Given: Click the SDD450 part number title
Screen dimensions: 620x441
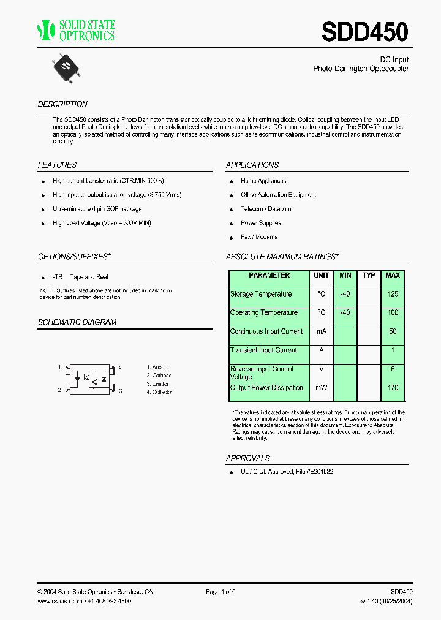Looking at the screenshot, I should (x=364, y=32).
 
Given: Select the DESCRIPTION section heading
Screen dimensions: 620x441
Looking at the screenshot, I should (x=62, y=104).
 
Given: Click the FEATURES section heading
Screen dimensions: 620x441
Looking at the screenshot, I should (x=57, y=165).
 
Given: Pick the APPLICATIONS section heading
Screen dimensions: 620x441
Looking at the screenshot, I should (x=252, y=165).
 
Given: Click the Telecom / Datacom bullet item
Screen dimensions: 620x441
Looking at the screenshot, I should (x=266, y=209).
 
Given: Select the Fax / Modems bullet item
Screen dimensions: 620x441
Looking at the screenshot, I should (x=258, y=237).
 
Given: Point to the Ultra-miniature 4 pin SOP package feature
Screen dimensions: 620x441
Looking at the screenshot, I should (x=97, y=209).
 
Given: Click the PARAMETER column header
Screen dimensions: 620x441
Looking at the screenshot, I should (x=269, y=276).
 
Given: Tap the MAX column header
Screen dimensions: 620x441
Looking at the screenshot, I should (x=393, y=276).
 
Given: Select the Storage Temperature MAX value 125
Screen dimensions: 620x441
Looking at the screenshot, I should (x=393, y=294).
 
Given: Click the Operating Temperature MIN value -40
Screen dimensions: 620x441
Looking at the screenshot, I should (x=345, y=312).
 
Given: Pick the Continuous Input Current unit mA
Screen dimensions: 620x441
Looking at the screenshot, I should (x=322, y=331).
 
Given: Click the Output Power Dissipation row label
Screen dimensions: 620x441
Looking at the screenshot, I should (x=266, y=388).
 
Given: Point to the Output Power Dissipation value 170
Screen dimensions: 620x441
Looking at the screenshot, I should (x=393, y=388).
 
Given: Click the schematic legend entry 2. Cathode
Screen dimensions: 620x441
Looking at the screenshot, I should (x=159, y=376).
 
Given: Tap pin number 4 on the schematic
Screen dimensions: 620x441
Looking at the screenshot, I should (x=120, y=367).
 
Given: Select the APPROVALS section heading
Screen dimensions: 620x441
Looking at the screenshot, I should (x=247, y=458).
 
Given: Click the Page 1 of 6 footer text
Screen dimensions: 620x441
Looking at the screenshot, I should (x=221, y=592).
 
